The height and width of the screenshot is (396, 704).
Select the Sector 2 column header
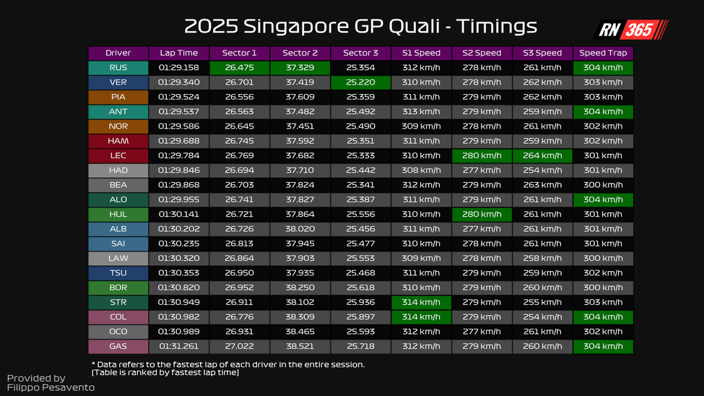pos(300,53)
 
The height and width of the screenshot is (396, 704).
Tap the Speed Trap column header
pos(603,53)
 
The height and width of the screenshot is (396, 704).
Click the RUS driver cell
pos(118,68)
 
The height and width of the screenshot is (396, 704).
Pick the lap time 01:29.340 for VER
pos(178,82)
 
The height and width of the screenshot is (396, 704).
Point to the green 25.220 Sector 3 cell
pos(360,82)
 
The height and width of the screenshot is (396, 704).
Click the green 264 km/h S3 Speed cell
pos(542,156)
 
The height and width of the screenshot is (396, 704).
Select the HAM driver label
pos(118,141)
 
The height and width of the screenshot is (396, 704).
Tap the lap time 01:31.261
pos(178,346)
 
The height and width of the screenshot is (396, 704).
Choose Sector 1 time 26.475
pos(239,68)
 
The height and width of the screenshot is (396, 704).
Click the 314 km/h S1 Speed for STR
pos(421,302)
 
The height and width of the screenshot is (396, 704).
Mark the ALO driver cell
pos(118,199)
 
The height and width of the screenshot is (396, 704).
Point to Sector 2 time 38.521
pos(300,346)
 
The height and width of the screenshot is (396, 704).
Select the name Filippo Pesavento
pos(51,388)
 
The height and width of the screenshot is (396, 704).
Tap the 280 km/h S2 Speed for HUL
pos(482,215)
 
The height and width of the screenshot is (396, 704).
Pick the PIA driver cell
pos(118,97)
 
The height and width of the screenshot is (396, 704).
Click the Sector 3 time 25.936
pos(360,302)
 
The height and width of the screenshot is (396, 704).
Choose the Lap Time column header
pos(178,53)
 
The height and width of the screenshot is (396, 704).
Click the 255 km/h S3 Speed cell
pos(542,302)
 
